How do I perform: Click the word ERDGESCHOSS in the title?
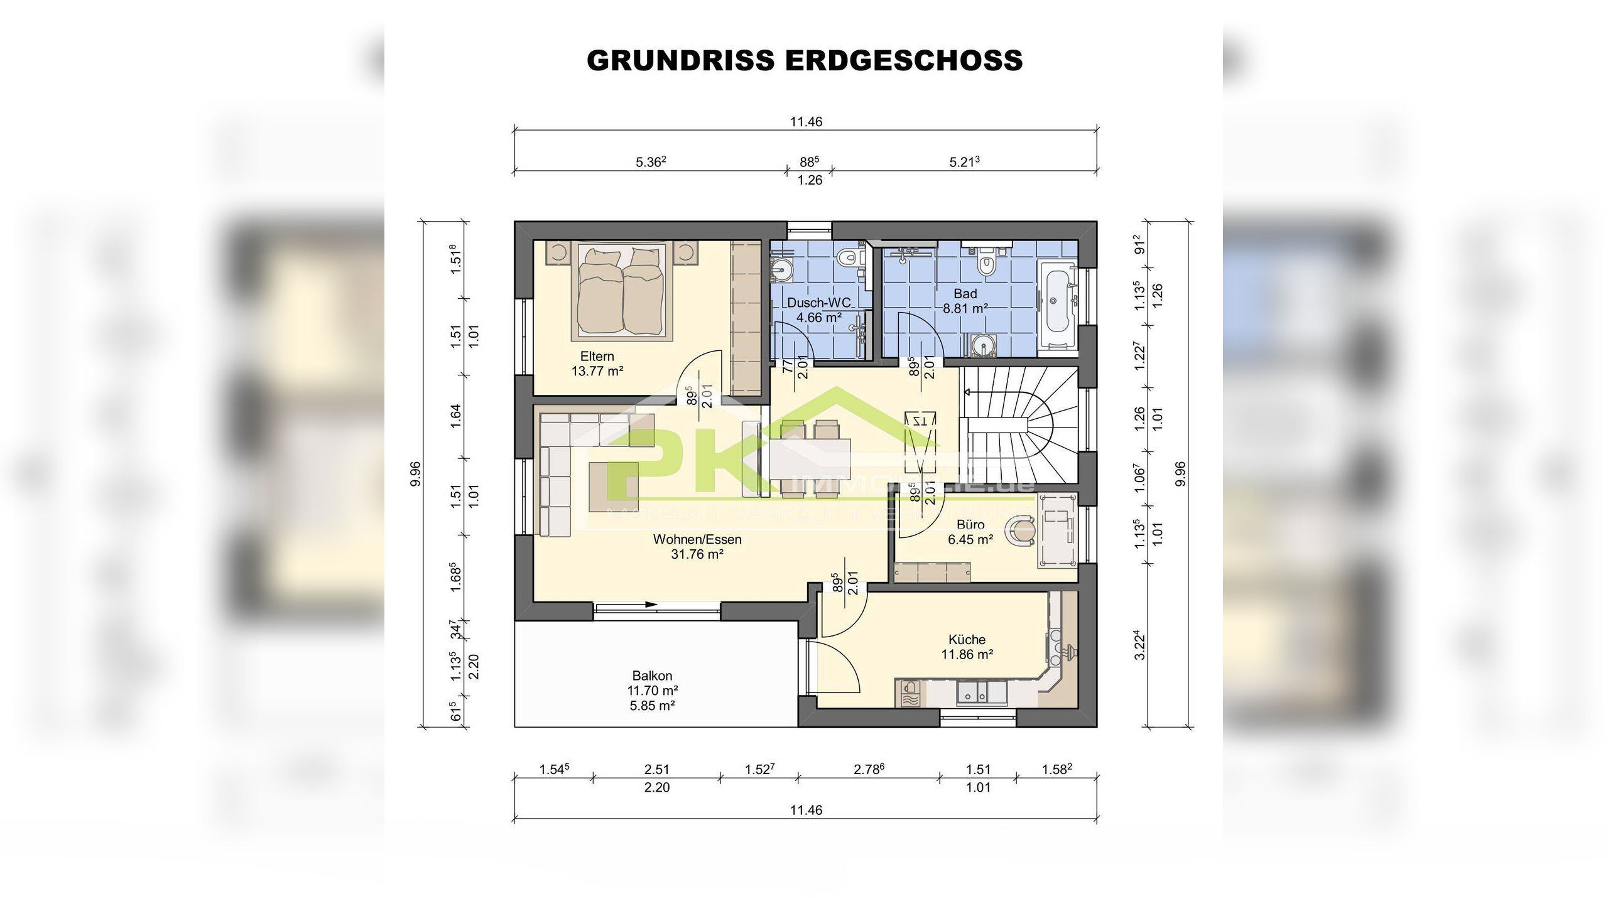point(904,61)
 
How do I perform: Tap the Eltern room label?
point(597,356)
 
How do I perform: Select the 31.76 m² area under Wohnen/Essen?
point(697,554)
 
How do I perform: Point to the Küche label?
point(967,640)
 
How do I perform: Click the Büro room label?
point(970,524)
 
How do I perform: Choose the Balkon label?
point(652,675)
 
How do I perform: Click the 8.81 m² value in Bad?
point(965,309)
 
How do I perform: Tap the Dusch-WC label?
point(819,303)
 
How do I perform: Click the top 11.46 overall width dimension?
point(806,122)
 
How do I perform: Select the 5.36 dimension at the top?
point(650,162)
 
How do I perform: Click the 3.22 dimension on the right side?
point(1141,648)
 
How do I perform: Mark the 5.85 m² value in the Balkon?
point(652,706)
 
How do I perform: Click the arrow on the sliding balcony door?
point(650,605)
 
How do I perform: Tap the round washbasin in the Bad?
point(982,345)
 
